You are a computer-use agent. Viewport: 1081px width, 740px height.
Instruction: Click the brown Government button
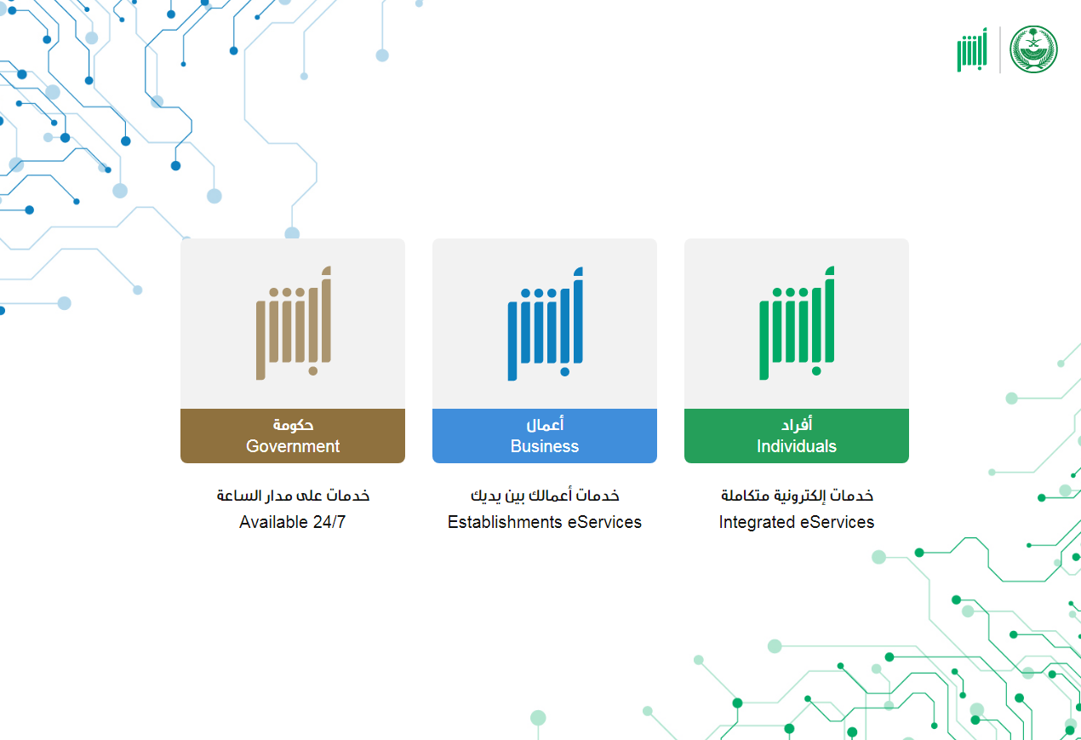tap(293, 435)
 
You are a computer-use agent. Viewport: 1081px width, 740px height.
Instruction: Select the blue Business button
tap(545, 435)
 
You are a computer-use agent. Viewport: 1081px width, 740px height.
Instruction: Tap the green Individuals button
tap(796, 435)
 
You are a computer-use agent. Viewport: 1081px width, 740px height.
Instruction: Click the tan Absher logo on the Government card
tap(294, 323)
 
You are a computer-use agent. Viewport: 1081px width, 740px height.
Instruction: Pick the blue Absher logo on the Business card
tap(546, 324)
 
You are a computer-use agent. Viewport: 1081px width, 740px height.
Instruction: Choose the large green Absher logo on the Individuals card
tap(797, 323)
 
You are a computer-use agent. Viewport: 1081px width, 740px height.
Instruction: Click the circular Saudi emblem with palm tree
tap(1033, 49)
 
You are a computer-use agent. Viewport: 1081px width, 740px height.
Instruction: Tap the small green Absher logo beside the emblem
tap(972, 49)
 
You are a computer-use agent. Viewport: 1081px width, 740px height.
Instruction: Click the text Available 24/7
tap(293, 522)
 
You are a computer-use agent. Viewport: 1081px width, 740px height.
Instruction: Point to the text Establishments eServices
tap(545, 522)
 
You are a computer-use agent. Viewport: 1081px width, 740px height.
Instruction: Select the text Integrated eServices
tap(796, 522)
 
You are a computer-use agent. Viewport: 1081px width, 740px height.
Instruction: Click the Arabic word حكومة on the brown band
tap(293, 425)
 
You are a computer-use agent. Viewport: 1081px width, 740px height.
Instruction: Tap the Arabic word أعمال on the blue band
tap(545, 424)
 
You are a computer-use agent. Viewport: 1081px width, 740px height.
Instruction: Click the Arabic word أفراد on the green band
tap(797, 424)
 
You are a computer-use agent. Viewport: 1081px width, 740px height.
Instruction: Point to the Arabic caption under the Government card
tap(293, 496)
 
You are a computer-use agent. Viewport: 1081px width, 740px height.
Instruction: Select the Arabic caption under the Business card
tap(545, 496)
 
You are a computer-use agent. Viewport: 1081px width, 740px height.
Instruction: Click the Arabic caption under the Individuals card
tap(797, 496)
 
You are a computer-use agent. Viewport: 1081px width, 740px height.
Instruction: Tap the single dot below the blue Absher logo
tap(564, 371)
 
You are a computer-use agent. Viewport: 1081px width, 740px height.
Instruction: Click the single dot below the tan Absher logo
tap(312, 371)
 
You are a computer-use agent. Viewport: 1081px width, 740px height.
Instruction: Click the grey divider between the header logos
tap(1000, 49)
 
